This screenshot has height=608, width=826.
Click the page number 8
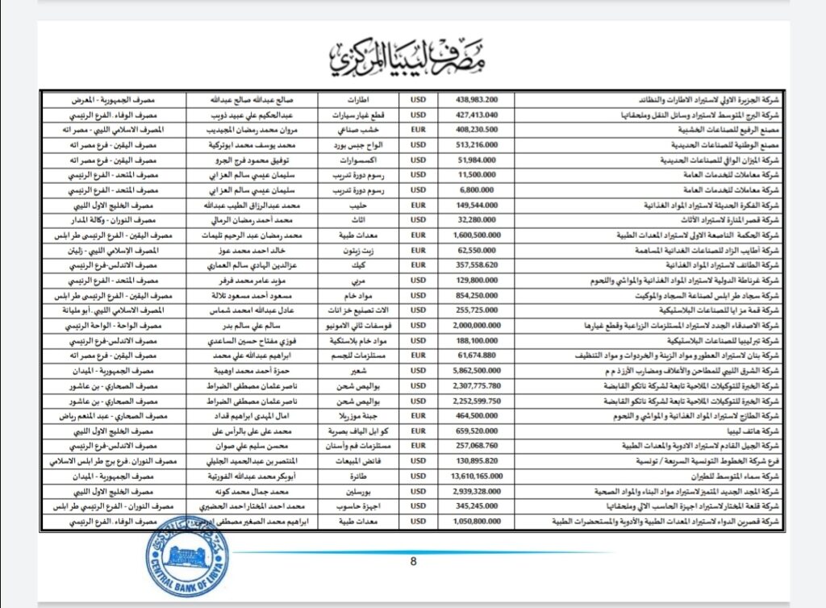[413, 562]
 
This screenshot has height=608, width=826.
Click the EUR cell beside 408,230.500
[418, 130]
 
